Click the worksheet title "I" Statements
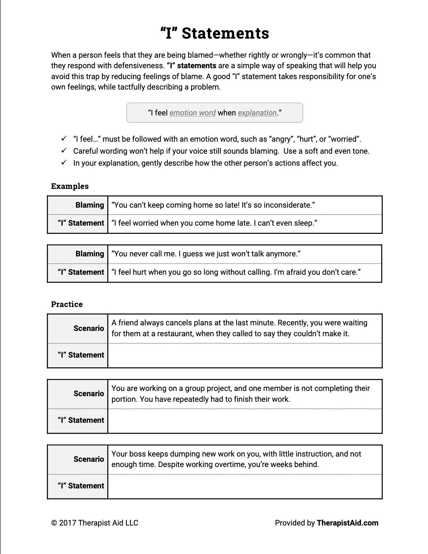pyautogui.click(x=214, y=33)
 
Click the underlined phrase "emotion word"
pyautogui.click(x=192, y=113)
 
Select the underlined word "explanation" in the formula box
pyautogui.click(x=257, y=113)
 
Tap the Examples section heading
pyautogui.click(x=70, y=186)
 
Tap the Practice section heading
pyautogui.click(x=67, y=304)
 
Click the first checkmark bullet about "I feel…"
pyautogui.click(x=64, y=139)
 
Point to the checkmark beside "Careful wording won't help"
pyautogui.click(x=64, y=151)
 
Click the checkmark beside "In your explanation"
pyautogui.click(x=64, y=163)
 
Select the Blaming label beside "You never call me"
pyautogui.click(x=90, y=254)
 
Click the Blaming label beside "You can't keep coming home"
pyautogui.click(x=90, y=205)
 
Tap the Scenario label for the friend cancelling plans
pyautogui.click(x=88, y=328)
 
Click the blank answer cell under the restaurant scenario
pyautogui.click(x=244, y=355)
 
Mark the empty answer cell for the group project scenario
pyautogui.click(x=244, y=421)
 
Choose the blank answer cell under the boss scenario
pyautogui.click(x=244, y=486)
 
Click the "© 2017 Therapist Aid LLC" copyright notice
pyautogui.click(x=95, y=523)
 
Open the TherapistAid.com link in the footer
pyautogui.click(x=347, y=523)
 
